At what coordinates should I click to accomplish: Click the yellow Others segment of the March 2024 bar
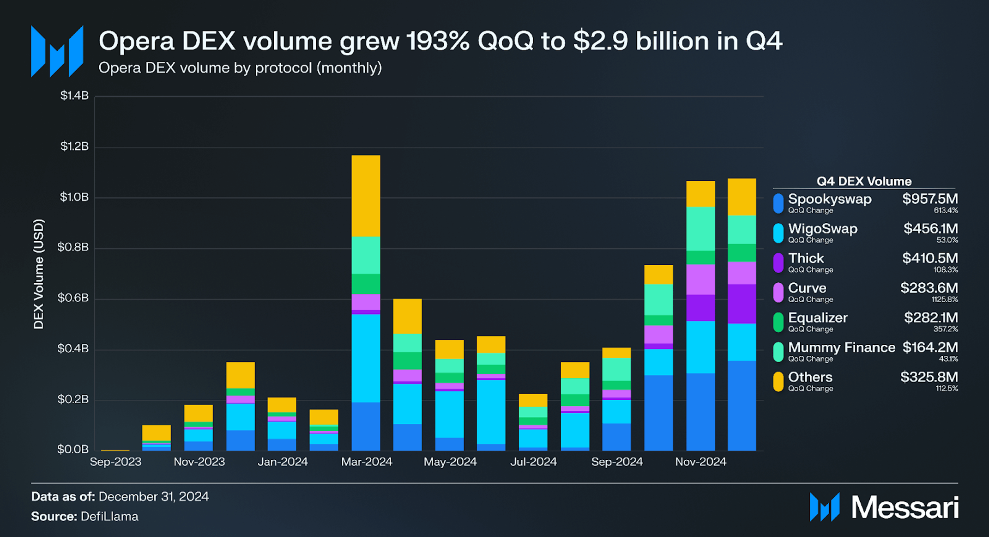pos(366,196)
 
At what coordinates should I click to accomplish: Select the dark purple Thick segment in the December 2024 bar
pos(742,304)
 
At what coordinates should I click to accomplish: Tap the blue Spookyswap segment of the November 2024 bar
pos(700,411)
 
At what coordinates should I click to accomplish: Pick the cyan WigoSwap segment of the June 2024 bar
pos(491,411)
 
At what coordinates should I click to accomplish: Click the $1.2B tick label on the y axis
pos(74,146)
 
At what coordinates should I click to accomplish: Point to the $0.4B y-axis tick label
pos(73,348)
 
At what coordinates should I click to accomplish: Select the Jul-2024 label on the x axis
pos(533,462)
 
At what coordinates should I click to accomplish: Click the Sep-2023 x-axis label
pos(115,462)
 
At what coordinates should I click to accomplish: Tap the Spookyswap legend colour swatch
pos(778,203)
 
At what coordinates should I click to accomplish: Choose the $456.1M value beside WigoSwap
pos(930,228)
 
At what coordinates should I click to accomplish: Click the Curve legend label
pos(807,288)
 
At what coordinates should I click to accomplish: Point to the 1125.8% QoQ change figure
pos(944,299)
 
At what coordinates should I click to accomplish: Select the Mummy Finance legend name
pos(841,347)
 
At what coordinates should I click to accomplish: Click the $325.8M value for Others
pos(929,377)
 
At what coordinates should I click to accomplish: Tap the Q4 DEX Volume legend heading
pos(864,181)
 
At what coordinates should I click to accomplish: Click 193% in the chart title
pos(438,41)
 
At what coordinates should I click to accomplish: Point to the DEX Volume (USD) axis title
pos(38,274)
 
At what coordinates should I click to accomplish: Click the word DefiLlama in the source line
pos(109,516)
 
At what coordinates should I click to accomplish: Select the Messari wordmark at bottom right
pos(905,507)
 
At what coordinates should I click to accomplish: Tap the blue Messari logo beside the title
pos(57,51)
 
